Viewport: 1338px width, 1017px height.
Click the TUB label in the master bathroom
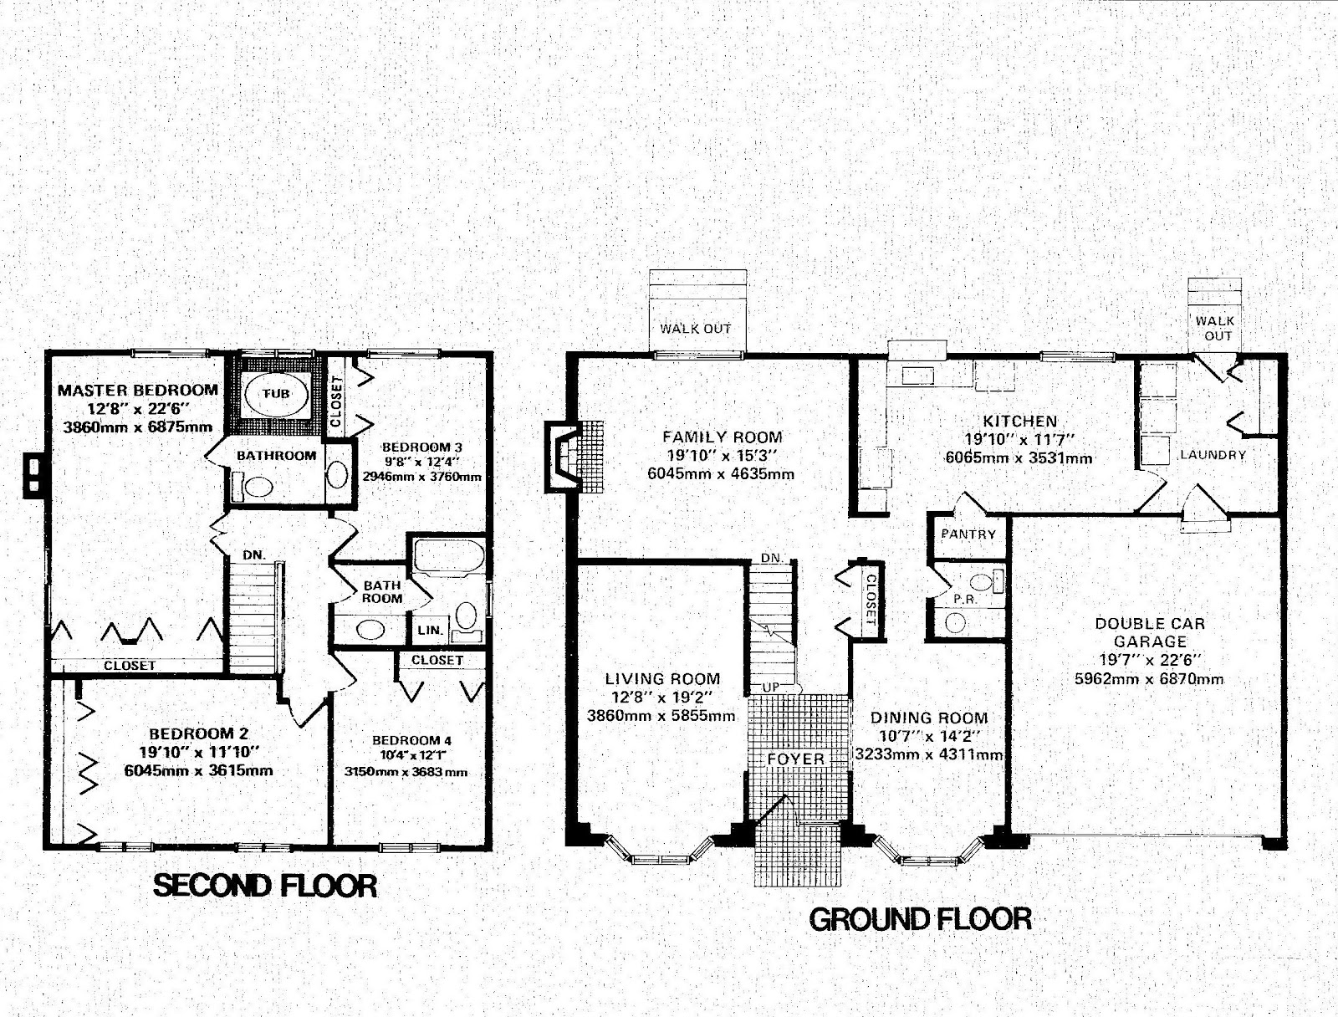pos(276,394)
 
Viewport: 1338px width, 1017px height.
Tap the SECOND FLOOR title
pos(264,886)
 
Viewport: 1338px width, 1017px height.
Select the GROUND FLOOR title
pos(921,919)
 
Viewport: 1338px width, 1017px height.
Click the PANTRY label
pos(968,534)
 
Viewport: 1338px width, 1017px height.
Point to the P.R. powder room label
pos(966,600)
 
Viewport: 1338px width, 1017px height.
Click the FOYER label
pos(795,759)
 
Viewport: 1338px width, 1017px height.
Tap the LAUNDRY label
pos(1213,455)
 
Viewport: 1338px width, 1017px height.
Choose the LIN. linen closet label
pos(431,630)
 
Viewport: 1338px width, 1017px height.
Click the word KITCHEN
pos(1019,421)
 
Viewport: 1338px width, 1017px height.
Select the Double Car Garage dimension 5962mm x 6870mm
pos(1149,679)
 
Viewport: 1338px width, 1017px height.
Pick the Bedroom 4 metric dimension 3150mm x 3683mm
pos(406,772)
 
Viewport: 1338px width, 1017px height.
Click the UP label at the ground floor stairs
pos(771,687)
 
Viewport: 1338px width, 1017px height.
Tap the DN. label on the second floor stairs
pos(254,555)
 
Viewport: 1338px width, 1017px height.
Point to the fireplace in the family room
pos(573,457)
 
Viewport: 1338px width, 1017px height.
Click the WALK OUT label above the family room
pos(695,329)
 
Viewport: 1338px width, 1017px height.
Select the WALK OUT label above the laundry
pos(1214,328)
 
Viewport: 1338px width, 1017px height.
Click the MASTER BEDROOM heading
pos(138,390)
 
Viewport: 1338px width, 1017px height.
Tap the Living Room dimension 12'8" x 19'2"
pos(662,697)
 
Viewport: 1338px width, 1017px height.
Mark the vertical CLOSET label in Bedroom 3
pos(335,401)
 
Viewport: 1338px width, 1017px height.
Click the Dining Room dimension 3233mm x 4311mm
pos(929,754)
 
